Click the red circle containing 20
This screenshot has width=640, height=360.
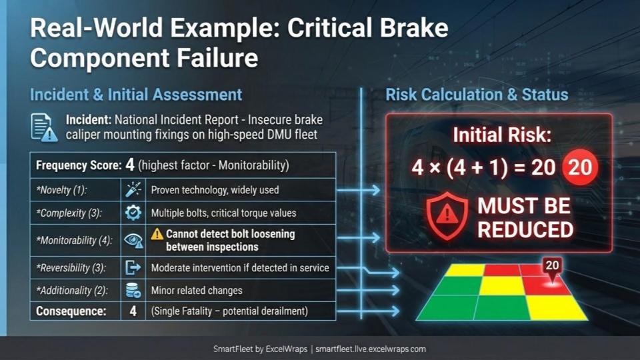580,167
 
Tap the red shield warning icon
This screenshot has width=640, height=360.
447,216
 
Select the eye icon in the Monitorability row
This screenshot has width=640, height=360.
133,241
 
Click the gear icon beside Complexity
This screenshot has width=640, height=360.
133,213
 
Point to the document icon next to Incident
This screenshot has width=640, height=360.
44,128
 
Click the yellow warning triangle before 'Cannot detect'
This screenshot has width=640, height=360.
157,234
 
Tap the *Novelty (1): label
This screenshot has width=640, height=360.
61,190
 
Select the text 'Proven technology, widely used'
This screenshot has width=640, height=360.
215,190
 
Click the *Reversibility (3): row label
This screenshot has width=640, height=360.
71,268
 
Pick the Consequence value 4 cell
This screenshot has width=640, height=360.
133,311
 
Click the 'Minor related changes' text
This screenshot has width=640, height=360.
197,291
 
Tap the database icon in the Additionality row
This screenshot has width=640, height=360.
133,290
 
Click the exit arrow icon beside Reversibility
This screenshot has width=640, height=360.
133,268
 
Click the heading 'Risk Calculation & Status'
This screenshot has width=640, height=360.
477,95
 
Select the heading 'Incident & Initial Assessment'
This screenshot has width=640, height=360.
136,95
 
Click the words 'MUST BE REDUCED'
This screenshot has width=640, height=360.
525,217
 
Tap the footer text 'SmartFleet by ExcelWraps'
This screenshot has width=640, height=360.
260,349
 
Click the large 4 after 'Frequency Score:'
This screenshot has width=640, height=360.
130,165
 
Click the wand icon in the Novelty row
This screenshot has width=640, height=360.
133,190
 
